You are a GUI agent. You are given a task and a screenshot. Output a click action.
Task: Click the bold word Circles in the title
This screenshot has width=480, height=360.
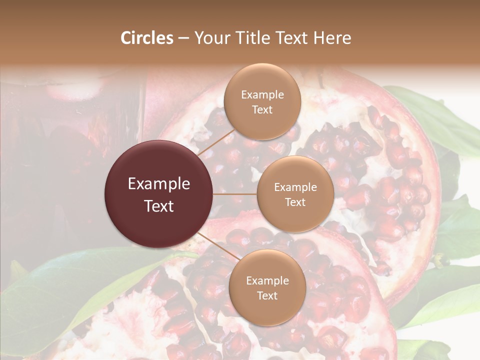(146, 38)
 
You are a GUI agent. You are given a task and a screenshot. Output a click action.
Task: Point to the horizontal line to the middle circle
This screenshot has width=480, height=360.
(235, 194)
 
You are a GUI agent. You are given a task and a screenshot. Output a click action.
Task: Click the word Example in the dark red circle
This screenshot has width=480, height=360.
(159, 184)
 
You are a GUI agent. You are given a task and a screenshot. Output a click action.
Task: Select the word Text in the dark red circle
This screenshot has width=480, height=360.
(159, 205)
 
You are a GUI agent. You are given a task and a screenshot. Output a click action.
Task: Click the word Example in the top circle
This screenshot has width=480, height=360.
(262, 95)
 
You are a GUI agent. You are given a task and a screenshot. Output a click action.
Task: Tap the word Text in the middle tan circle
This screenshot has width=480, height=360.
(295, 202)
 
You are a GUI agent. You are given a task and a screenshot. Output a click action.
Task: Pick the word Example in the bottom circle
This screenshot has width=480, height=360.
(267, 281)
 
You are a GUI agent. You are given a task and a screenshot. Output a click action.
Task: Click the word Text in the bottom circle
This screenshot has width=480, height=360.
(267, 295)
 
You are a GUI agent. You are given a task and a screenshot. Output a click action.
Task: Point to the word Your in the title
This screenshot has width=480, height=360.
(211, 38)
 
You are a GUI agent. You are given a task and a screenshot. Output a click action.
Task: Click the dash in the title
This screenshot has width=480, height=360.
(183, 38)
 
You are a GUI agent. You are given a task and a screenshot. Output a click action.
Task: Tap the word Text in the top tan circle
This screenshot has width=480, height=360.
(262, 109)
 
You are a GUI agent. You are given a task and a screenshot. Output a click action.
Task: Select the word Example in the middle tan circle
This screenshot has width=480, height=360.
(295, 187)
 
